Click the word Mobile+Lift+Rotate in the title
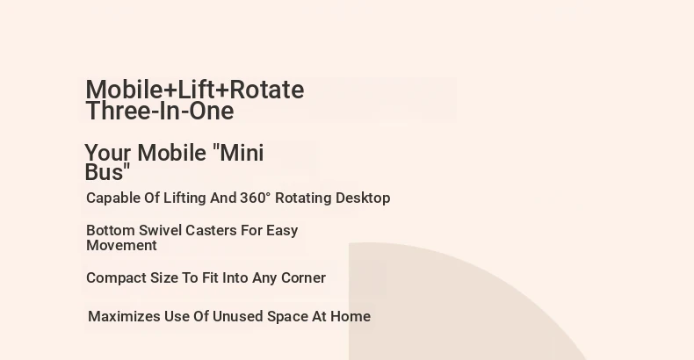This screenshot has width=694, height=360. (195, 90)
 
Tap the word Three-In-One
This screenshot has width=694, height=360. (160, 111)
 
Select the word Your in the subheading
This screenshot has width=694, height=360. (107, 153)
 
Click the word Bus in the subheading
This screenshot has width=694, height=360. (107, 171)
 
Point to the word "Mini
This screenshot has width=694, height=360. (238, 153)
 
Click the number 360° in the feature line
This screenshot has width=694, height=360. (255, 198)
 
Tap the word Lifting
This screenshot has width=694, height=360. (185, 198)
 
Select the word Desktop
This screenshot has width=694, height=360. (363, 198)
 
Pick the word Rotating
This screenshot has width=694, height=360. (304, 198)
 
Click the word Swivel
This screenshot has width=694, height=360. (160, 230)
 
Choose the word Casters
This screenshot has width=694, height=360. (211, 230)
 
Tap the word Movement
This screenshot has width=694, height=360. (122, 246)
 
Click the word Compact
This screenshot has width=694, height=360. (117, 278)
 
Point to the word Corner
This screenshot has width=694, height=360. (304, 277)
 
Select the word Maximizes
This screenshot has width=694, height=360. (125, 317)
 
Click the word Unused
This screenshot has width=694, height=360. (238, 317)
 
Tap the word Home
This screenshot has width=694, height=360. (351, 317)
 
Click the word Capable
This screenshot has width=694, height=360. (113, 198)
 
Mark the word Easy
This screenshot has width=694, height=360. (282, 231)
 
